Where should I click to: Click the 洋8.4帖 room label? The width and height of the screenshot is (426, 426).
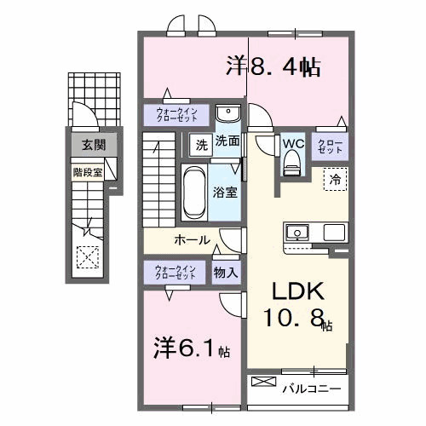[273, 66]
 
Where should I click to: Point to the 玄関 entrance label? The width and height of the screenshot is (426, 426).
[94, 146]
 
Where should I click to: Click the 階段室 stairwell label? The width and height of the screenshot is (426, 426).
[88, 170]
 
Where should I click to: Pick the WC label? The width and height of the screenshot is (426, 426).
[293, 142]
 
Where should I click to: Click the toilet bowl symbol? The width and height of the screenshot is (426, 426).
[293, 162]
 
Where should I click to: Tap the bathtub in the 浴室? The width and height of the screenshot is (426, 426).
[192, 192]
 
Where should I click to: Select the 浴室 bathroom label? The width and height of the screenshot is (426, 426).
[226, 193]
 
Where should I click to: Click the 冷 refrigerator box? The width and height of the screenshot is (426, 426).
[335, 179]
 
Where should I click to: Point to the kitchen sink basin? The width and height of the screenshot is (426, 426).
[299, 232]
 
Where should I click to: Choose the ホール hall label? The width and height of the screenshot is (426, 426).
[192, 240]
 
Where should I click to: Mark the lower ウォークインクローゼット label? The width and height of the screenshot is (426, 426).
[176, 273]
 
